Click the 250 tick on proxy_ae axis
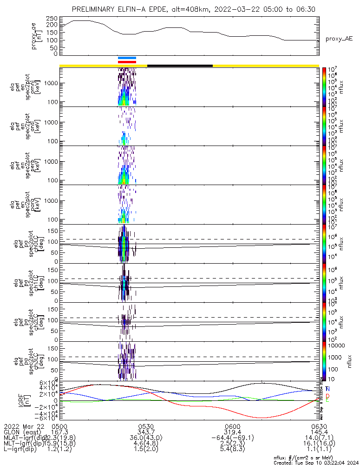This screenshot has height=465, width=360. (52, 18)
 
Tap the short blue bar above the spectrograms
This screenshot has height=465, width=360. (127, 58)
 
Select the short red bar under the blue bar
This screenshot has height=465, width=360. (127, 61)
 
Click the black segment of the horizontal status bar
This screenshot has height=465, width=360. (180, 66)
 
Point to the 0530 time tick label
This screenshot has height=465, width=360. (146, 426)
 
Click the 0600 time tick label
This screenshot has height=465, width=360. (232, 426)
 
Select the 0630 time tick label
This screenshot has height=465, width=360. (319, 426)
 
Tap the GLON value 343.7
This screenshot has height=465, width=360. (146, 432)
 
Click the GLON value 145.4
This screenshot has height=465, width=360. (319, 432)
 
